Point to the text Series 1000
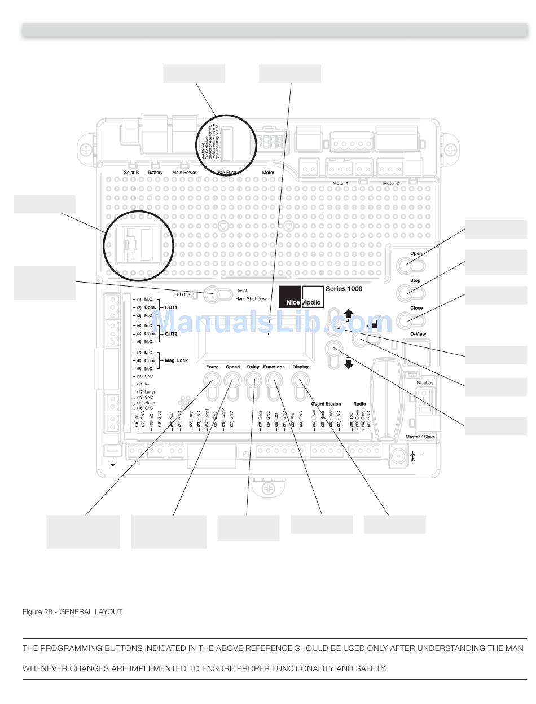point(344,289)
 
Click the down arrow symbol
point(349,363)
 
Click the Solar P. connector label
point(131,173)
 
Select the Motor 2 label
point(390,183)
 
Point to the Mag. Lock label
point(174,360)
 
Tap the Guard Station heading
point(326,404)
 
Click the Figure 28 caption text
point(72,612)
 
